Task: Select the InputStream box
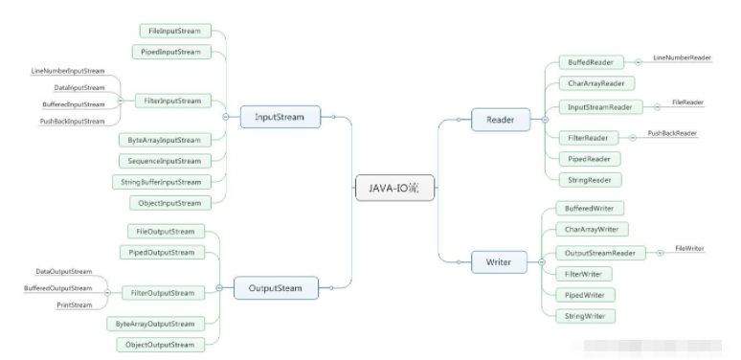click(279, 118)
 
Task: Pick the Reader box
click(501, 120)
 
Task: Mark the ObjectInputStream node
click(170, 203)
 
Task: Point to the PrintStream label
click(74, 304)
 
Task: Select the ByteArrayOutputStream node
click(161, 324)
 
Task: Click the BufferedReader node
click(591, 63)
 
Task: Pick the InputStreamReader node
click(599, 106)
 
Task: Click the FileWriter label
click(689, 248)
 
